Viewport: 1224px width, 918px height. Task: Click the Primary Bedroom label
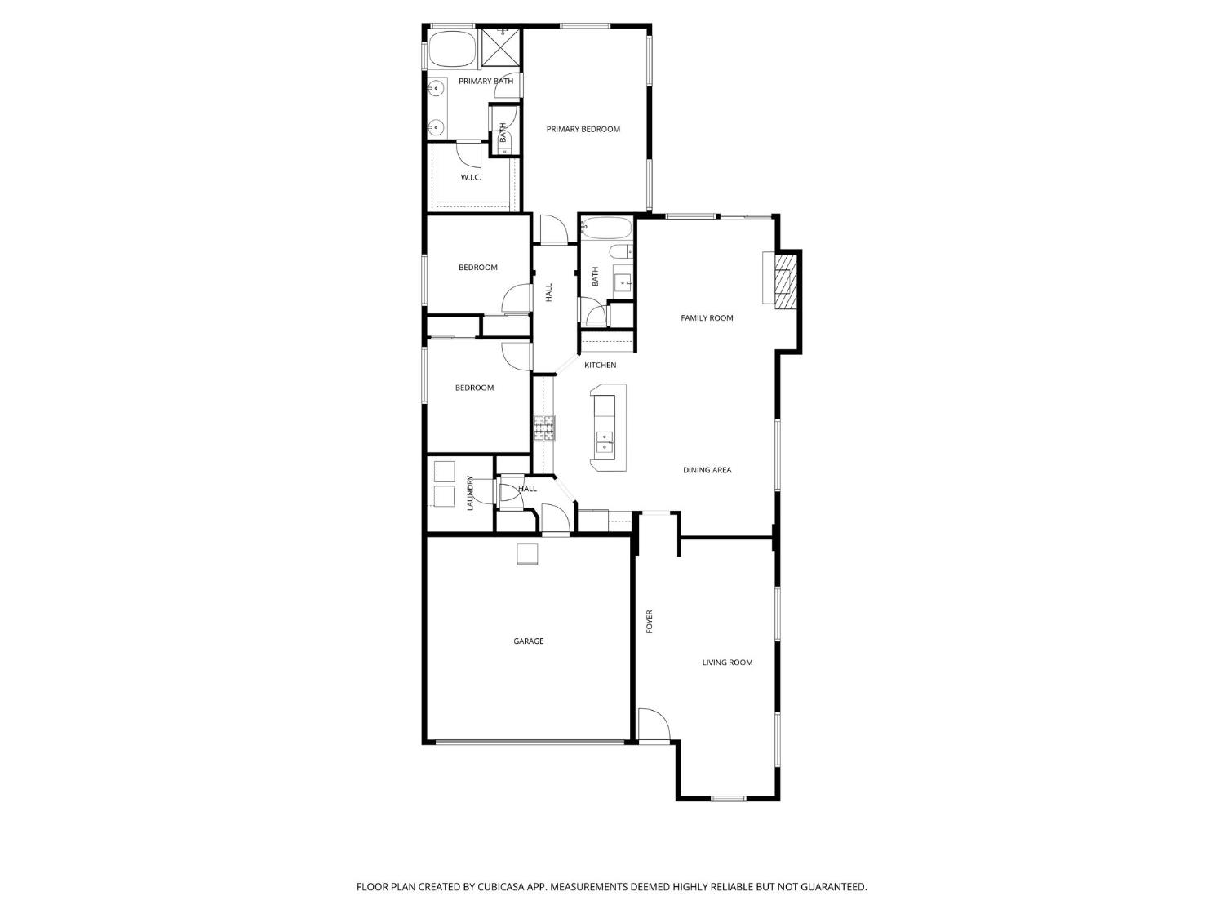coord(583,129)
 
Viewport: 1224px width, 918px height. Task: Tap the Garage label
coord(528,641)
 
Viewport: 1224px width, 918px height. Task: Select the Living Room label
coord(727,662)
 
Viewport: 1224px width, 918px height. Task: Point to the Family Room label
coord(707,317)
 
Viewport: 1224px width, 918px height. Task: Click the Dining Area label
coord(707,470)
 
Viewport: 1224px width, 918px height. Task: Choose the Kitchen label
coord(600,365)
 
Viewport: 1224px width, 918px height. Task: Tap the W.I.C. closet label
coord(471,177)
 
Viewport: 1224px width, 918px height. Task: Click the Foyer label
coord(649,622)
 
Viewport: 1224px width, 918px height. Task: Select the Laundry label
coord(469,493)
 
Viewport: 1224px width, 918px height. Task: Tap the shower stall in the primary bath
coord(500,47)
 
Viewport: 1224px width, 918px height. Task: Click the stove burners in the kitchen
coord(544,428)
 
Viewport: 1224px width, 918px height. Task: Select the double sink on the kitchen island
coord(605,441)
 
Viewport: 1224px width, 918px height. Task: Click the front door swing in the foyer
coord(653,725)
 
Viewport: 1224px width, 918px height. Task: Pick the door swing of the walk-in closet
coord(469,155)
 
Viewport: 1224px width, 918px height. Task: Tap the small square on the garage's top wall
coord(527,554)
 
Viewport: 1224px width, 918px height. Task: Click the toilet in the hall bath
coord(620,252)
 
